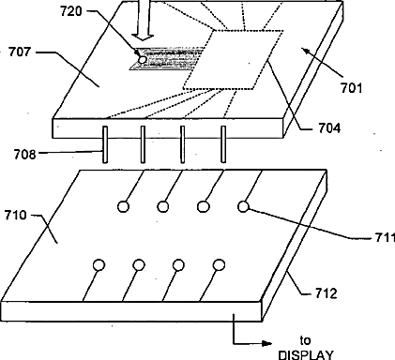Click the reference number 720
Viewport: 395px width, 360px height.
tap(71, 11)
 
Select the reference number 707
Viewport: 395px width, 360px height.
tap(20, 52)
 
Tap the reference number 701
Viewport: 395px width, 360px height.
tap(351, 88)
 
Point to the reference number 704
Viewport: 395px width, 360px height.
tap(329, 128)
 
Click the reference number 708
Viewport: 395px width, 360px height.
tap(24, 154)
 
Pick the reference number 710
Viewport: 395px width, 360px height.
tap(15, 216)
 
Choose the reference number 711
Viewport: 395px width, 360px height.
tap(385, 238)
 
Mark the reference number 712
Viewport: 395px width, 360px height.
tap(327, 293)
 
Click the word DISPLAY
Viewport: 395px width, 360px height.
tap(306, 355)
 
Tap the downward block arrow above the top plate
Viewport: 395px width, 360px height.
tap(143, 21)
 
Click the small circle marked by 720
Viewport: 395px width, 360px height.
tap(143, 59)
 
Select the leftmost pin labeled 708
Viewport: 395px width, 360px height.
tap(105, 144)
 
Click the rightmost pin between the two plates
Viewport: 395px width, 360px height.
tap(223, 144)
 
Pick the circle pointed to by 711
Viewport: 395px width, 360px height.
tap(244, 206)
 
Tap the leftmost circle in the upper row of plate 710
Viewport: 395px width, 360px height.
tap(123, 206)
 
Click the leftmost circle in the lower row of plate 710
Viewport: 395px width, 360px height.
tap(99, 265)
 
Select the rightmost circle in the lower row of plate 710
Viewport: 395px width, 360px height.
tap(219, 265)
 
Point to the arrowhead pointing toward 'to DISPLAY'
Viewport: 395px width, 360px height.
tap(266, 344)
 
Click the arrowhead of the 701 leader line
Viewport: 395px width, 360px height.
tap(306, 51)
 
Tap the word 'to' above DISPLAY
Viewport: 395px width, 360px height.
tap(305, 340)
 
